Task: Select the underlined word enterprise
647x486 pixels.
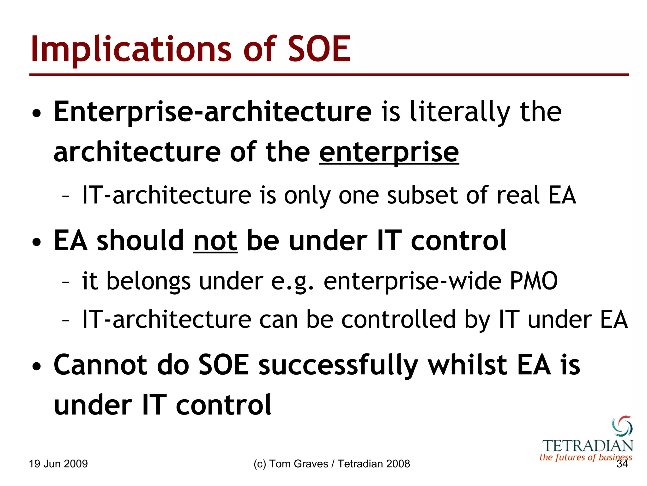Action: coord(389,152)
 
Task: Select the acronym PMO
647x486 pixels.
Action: coord(534,281)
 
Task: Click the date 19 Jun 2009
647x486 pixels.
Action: coord(58,464)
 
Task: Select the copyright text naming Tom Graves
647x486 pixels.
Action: coord(331,464)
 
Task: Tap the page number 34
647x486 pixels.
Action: coord(622,464)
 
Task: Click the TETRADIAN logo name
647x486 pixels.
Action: coord(588,446)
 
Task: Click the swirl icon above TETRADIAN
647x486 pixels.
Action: coord(622,426)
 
